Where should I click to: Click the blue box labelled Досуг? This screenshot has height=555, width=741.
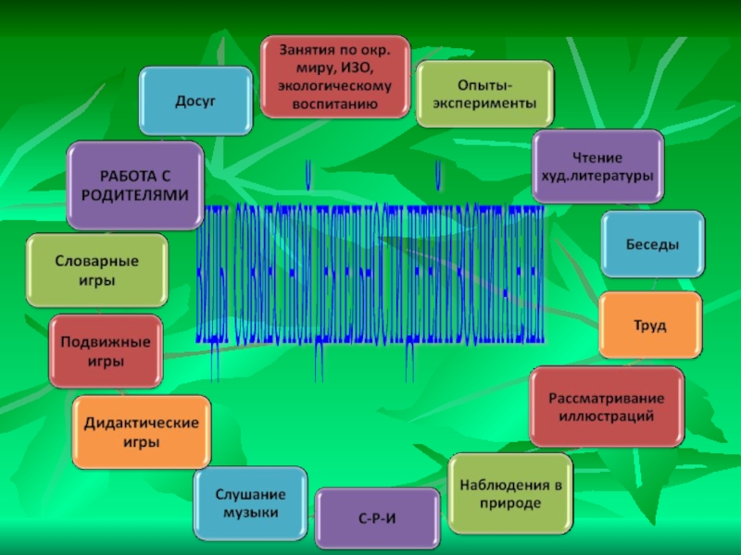pos(195,99)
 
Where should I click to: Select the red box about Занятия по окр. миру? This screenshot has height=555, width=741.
pos(334,77)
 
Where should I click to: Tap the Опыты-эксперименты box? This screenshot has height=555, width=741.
pos(484,94)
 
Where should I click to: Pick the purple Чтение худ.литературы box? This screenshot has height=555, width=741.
pos(597,165)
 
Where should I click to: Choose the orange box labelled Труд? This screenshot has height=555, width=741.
pos(649,326)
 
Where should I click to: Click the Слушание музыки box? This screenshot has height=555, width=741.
pos(250,504)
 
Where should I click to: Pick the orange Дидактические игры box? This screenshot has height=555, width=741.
pos(142,432)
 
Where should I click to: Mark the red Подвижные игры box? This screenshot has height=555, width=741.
pos(106,351)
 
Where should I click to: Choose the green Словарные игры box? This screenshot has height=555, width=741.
pos(97,271)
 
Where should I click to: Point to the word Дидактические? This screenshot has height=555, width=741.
pos(142,423)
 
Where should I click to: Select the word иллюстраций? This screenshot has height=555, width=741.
pos(606,416)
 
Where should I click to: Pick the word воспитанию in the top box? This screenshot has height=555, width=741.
pos(334,103)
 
